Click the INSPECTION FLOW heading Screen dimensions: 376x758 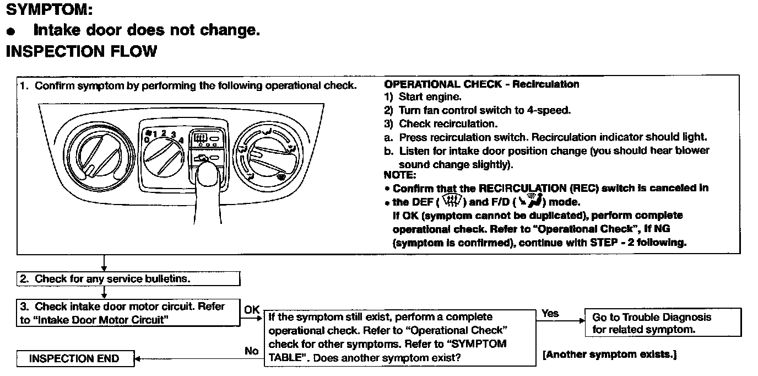click(81, 51)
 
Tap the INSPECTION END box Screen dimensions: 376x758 click(74, 359)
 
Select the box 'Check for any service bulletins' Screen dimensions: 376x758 click(128, 278)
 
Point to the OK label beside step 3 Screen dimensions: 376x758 click(252, 310)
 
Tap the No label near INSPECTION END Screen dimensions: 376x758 click(251, 351)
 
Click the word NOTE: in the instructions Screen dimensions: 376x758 click(400, 175)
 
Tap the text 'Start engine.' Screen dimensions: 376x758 click(430, 97)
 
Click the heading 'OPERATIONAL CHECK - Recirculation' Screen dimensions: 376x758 click(481, 84)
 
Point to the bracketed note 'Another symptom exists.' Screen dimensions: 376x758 click(609, 354)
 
